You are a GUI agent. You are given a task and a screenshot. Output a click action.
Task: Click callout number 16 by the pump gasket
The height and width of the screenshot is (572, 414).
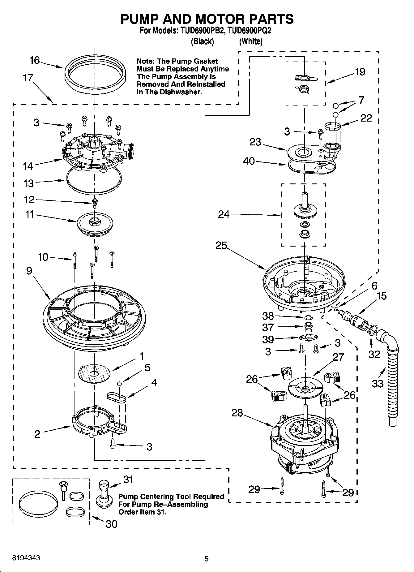pyautogui.click(x=35, y=60)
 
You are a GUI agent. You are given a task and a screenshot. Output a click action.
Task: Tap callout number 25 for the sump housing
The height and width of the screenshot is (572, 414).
pyautogui.click(x=221, y=246)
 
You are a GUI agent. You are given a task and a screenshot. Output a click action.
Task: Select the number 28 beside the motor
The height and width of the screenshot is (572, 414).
pyautogui.click(x=237, y=413)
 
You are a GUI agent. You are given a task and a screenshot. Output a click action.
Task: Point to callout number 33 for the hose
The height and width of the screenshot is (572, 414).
pyautogui.click(x=378, y=384)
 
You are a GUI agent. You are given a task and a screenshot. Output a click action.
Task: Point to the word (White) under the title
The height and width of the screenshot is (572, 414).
pyautogui.click(x=251, y=41)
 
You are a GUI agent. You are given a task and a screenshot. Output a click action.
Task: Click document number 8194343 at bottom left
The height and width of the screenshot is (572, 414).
pyautogui.click(x=26, y=558)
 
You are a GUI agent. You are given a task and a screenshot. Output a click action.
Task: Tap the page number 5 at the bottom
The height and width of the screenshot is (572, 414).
pyautogui.click(x=207, y=559)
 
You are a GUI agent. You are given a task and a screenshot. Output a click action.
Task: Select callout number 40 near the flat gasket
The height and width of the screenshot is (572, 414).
pyautogui.click(x=249, y=161)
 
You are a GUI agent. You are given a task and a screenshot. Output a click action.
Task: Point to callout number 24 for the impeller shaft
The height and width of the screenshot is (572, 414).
pyautogui.click(x=224, y=214)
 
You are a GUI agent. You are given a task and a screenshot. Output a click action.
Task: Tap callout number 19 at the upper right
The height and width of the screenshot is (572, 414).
pyautogui.click(x=360, y=72)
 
